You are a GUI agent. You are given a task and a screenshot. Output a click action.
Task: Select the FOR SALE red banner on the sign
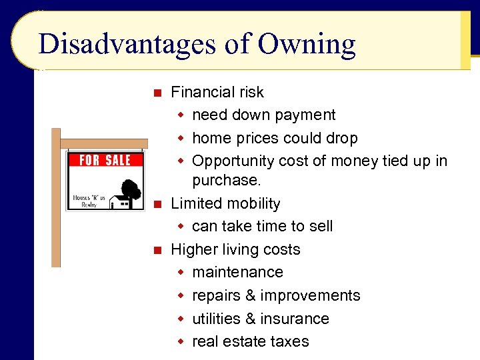tap(105, 160)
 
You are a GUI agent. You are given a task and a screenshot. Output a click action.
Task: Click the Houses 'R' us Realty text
tap(88, 201)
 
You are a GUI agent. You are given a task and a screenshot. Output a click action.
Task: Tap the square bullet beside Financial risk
tap(157, 93)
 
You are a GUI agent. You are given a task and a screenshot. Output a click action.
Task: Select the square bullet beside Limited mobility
tap(157, 204)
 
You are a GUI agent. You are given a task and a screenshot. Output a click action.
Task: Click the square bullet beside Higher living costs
tap(157, 250)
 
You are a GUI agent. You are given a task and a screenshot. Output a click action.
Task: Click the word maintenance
tap(237, 272)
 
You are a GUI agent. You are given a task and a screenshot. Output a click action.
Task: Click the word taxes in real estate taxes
tap(287, 341)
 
